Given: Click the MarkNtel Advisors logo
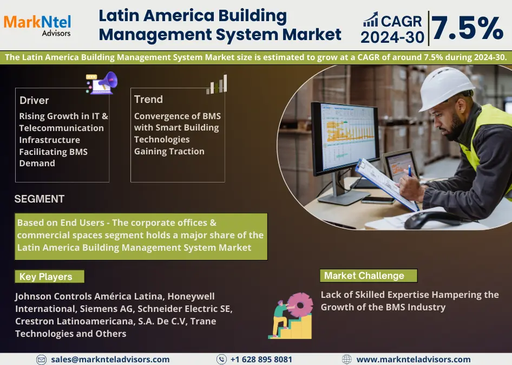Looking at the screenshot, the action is [37, 25].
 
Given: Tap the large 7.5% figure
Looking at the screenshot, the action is [467, 28].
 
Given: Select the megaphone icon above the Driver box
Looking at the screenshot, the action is [102, 83].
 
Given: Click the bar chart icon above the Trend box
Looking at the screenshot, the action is [217, 84].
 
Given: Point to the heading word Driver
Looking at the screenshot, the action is [34, 100].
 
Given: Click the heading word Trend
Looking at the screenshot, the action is [148, 99].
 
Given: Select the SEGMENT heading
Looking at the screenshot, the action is [39, 199].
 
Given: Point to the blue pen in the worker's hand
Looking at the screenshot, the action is [410, 171].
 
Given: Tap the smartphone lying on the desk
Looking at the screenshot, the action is [378, 200].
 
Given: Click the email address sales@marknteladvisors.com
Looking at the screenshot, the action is [110, 360].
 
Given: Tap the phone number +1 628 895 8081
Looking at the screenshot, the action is [261, 360].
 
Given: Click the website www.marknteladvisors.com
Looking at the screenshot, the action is [413, 360].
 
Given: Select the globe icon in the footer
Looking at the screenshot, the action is [347, 360].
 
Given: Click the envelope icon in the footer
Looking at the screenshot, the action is [41, 360].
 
